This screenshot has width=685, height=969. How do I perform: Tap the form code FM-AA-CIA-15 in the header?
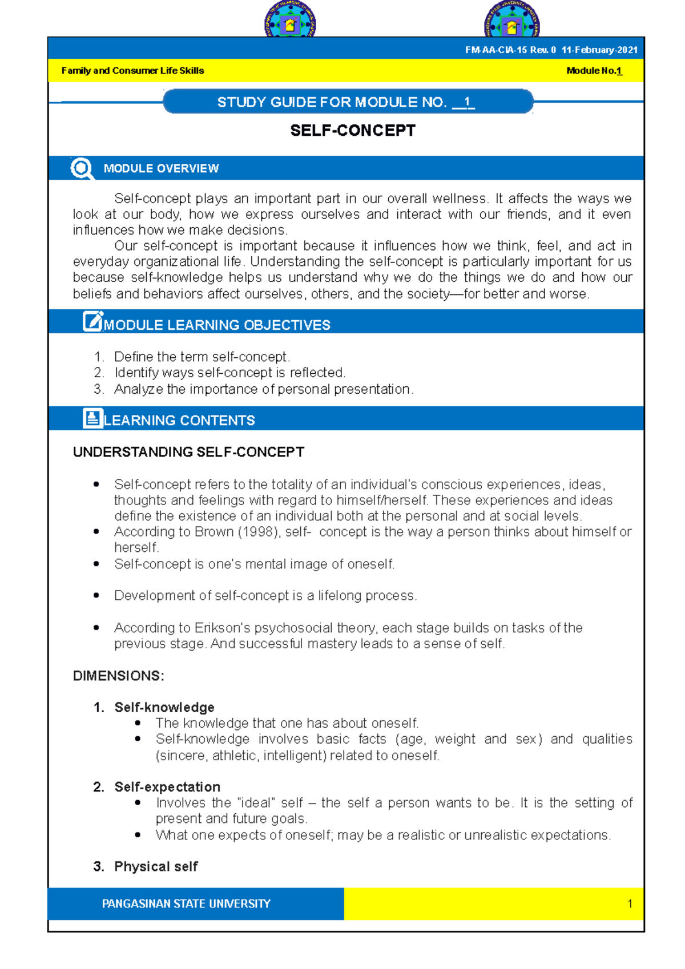[495, 50]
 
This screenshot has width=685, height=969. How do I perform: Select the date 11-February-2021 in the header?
[599, 50]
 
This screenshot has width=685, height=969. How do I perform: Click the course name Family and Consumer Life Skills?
[132, 71]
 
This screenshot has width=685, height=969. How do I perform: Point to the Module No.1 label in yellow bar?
[594, 71]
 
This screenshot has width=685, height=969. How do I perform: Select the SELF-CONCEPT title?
[353, 131]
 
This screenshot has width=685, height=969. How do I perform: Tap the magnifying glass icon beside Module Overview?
[82, 168]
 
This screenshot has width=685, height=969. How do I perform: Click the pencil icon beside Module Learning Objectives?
[92, 322]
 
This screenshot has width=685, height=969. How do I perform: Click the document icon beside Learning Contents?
[92, 418]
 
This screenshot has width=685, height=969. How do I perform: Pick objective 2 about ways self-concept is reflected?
[229, 373]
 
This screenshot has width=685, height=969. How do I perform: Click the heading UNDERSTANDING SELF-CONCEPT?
[188, 452]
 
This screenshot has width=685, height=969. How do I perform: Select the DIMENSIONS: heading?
[118, 676]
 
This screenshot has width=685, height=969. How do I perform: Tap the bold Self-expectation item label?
[167, 787]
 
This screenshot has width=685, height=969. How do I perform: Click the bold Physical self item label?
[156, 866]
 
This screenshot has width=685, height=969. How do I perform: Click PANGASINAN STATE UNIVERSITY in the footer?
[186, 904]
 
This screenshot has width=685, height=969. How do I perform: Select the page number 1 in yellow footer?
[630, 904]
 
